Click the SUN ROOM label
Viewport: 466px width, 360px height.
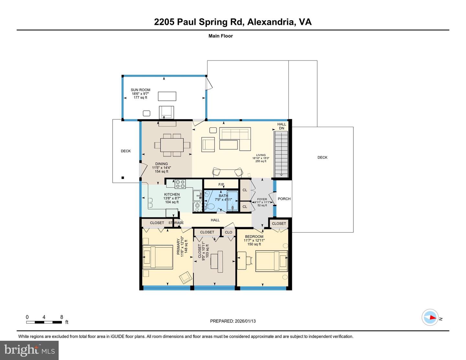[140, 90]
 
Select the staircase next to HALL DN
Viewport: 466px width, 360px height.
[281, 154]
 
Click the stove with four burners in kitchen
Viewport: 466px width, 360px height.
[180, 184]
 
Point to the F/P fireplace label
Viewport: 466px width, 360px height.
[221, 184]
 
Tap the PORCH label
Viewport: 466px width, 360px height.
[284, 199]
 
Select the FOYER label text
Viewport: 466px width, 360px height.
[262, 199]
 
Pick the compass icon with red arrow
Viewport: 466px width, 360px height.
[430, 317]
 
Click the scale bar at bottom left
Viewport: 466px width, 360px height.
[44, 322]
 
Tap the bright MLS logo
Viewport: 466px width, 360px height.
[29, 350]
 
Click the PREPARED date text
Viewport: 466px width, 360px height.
[233, 321]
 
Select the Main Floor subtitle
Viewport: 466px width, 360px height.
[220, 36]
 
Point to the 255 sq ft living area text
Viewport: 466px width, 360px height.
[261, 161]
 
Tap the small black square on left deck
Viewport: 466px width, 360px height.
[123, 178]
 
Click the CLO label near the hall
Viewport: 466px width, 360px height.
[228, 232]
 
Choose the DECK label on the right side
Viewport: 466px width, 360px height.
[322, 158]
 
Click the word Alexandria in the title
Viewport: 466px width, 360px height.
[271, 22]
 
